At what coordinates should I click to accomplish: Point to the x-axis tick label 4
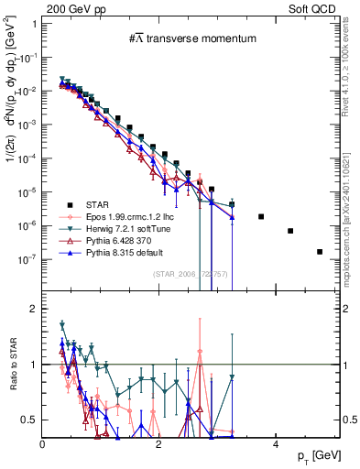[276, 444]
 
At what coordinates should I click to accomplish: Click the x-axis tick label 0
[43, 444]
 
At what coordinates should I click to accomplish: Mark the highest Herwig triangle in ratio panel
[62, 324]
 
